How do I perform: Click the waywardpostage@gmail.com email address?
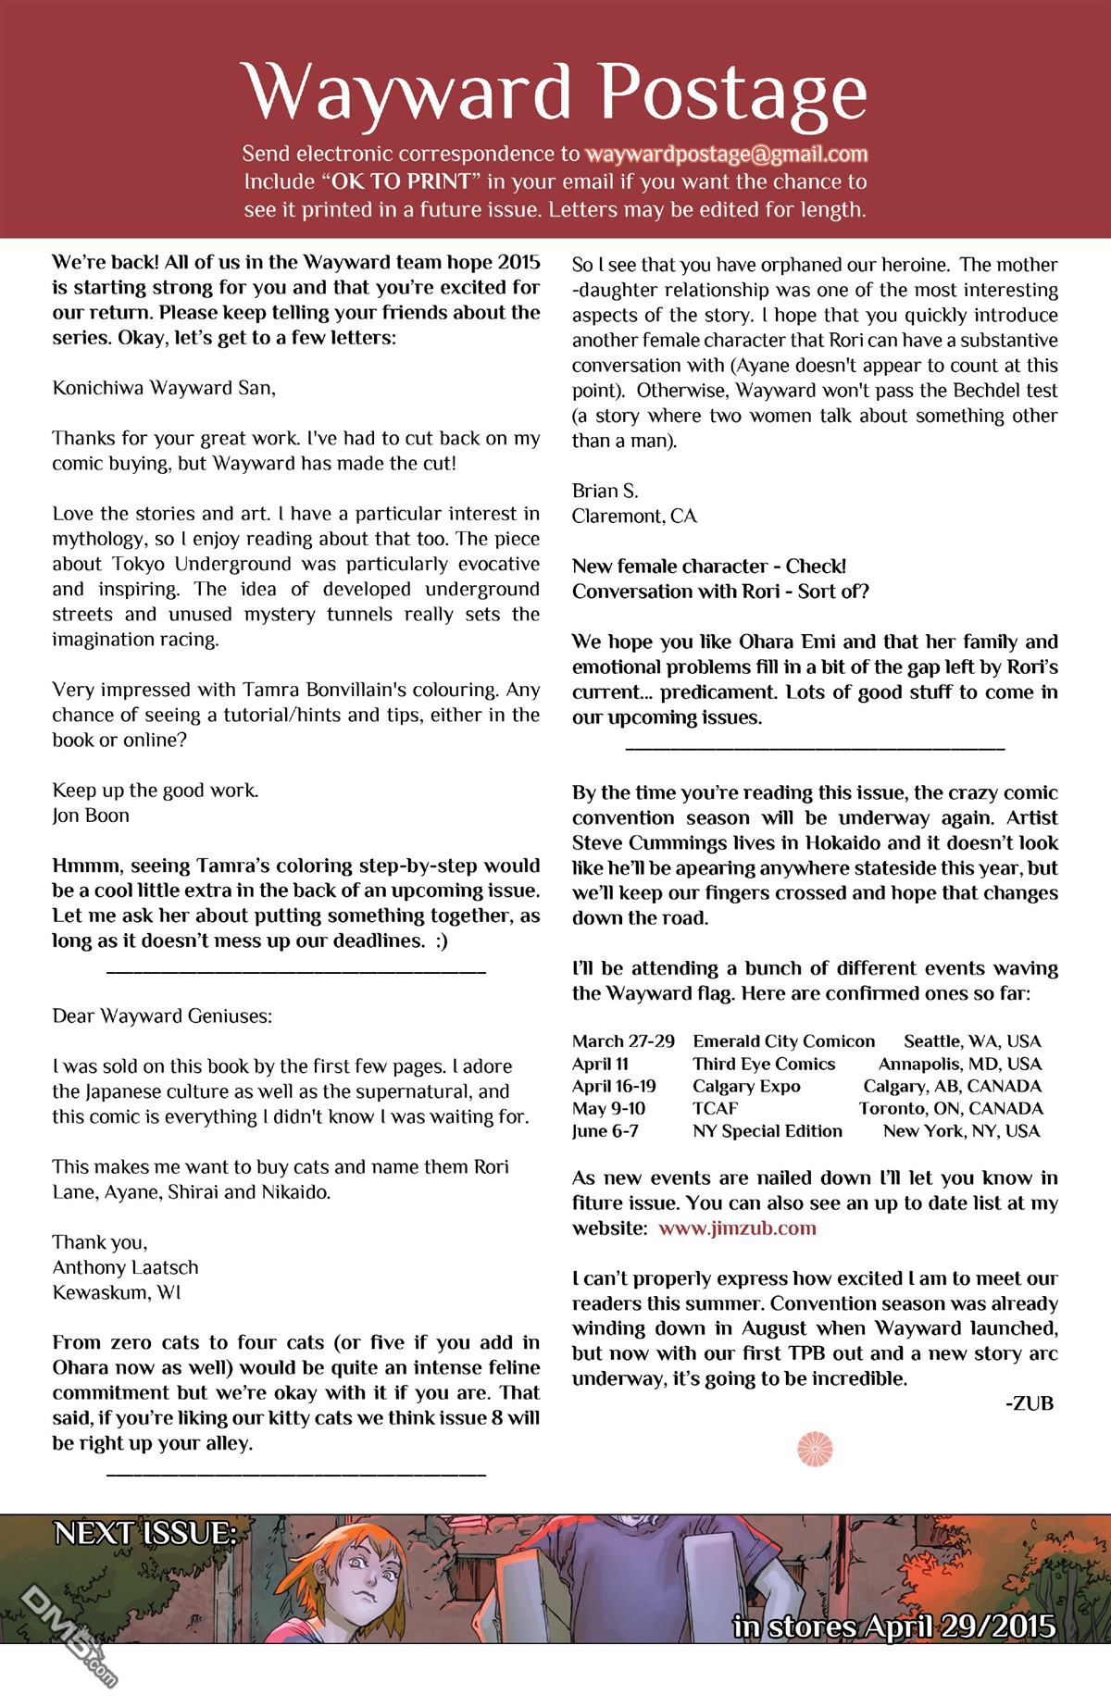(x=726, y=154)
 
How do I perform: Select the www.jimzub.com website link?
(x=737, y=1228)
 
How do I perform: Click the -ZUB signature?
(x=1029, y=1403)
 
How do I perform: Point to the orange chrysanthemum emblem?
(x=815, y=1449)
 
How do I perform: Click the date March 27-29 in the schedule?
(x=623, y=1041)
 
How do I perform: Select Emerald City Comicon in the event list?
(x=783, y=1041)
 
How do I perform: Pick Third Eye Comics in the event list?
(x=764, y=1064)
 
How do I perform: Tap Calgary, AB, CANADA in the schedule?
(x=952, y=1086)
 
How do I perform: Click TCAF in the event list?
(x=716, y=1108)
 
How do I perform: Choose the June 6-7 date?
(x=605, y=1130)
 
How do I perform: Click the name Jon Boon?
(x=91, y=816)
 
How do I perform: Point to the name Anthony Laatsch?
(x=125, y=1267)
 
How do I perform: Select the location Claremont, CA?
(x=634, y=516)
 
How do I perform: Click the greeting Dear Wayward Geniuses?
(x=162, y=1015)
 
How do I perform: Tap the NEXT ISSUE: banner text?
(x=145, y=1534)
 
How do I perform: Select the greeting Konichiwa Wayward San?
(x=164, y=388)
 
